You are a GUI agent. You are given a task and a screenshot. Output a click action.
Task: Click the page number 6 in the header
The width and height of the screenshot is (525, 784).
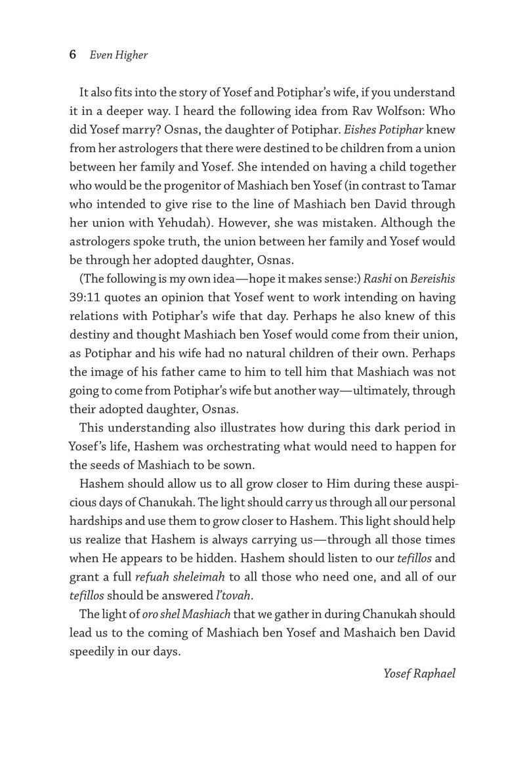[x=73, y=55]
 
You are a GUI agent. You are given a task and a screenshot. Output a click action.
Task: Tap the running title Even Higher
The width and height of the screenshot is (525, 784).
[x=119, y=55]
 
